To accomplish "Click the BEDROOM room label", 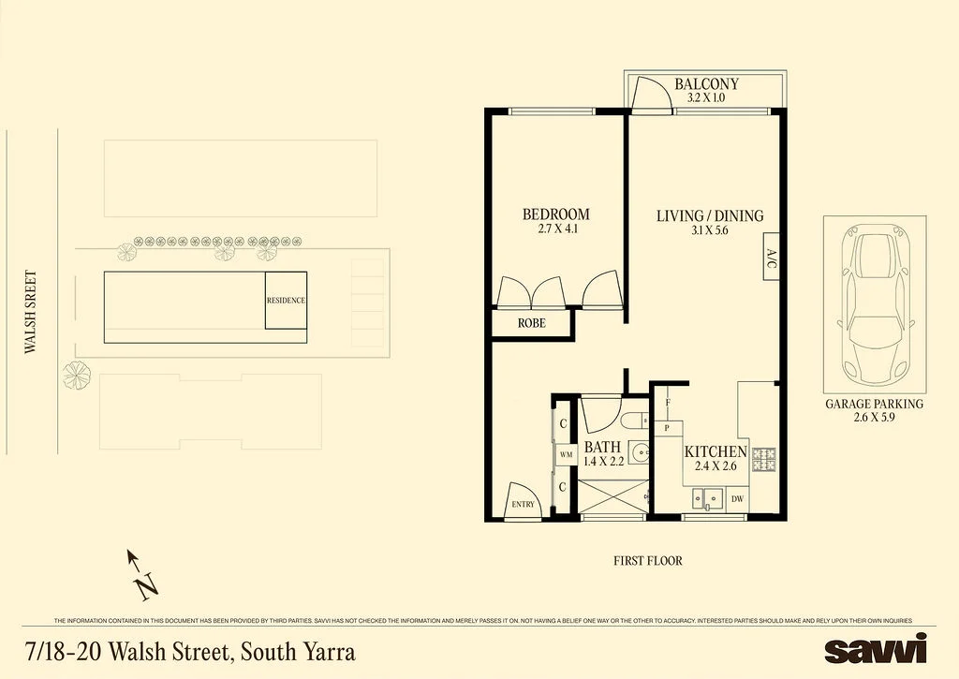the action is click(556, 214).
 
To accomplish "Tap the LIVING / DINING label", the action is click(710, 216).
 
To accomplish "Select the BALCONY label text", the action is click(706, 83).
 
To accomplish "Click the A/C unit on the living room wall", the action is click(771, 257).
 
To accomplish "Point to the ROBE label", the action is click(532, 323).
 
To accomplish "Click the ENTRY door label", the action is click(523, 505).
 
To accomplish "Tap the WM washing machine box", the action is click(566, 454).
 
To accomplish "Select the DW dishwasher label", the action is click(738, 499).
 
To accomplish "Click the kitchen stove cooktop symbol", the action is click(764, 461).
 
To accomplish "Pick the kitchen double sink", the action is click(708, 498).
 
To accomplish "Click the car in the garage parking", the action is click(876, 304).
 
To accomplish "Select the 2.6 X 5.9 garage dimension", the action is click(875, 417).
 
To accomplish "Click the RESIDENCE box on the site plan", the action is click(286, 301).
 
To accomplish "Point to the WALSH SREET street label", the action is click(31, 312).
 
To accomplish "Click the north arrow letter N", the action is click(147, 587).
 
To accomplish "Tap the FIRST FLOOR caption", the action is click(648, 560).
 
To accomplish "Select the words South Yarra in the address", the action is click(298, 652).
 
